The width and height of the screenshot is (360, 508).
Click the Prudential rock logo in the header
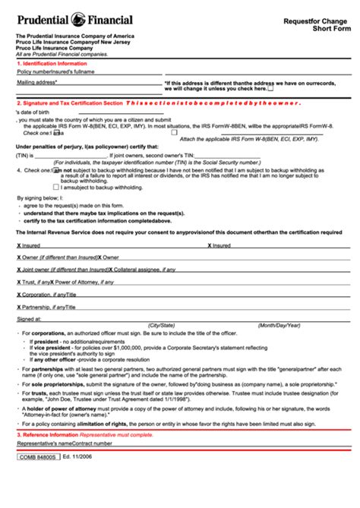78,19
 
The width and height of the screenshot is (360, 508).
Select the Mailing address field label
37,81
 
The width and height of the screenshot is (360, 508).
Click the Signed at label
29,320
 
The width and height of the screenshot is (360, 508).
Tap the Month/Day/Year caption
278,325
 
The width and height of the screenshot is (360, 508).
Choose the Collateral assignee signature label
144,269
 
